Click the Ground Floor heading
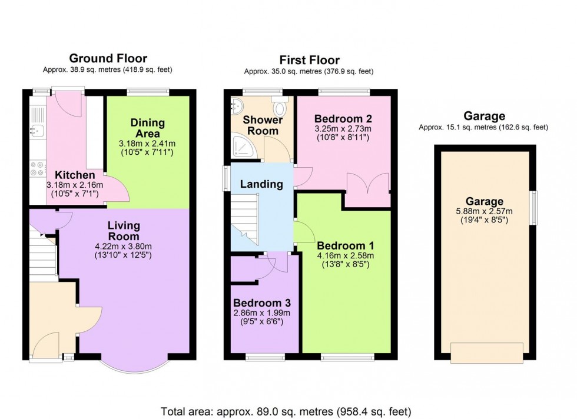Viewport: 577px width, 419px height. pos(108,58)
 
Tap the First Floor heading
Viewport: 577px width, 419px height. pos(309,61)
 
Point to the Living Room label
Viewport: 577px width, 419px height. pos(124,231)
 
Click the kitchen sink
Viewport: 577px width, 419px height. pos(37,130)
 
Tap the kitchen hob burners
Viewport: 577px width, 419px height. pos(37,169)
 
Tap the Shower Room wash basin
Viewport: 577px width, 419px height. pos(237,106)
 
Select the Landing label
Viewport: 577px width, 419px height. pos(261,184)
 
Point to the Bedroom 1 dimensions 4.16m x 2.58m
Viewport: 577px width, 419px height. pos(345,255)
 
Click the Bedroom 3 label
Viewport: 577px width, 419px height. pos(263,302)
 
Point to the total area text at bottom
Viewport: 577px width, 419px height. pos(286,411)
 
